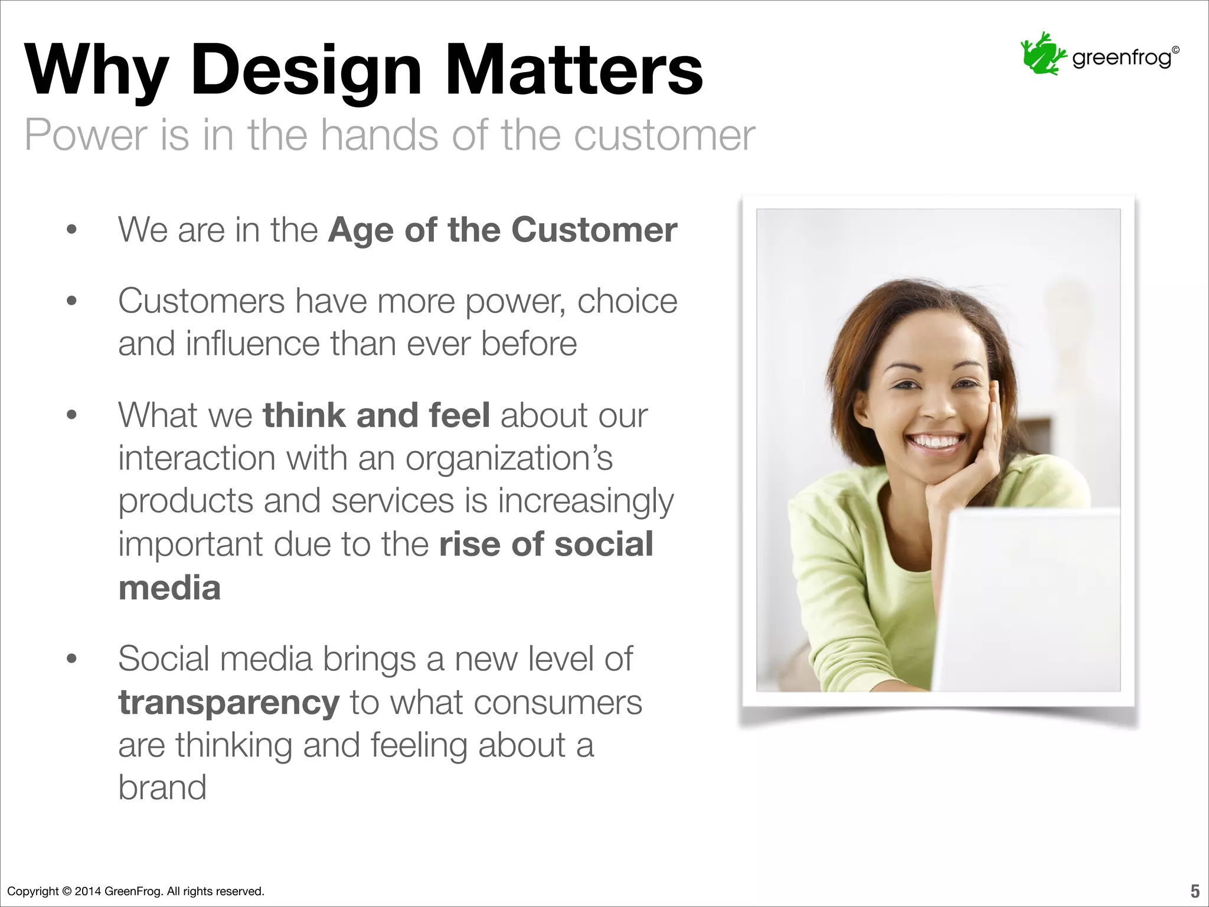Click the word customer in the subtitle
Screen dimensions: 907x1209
(664, 136)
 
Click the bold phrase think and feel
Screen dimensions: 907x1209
(376, 415)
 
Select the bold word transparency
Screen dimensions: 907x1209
(228, 702)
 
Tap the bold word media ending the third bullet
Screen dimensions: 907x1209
(169, 588)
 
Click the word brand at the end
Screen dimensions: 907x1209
(162, 787)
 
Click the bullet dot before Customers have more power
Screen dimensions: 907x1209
(72, 302)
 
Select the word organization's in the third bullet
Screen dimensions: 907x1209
(509, 458)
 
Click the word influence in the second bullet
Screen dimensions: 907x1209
(253, 344)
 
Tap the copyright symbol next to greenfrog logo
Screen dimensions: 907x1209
(1175, 50)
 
